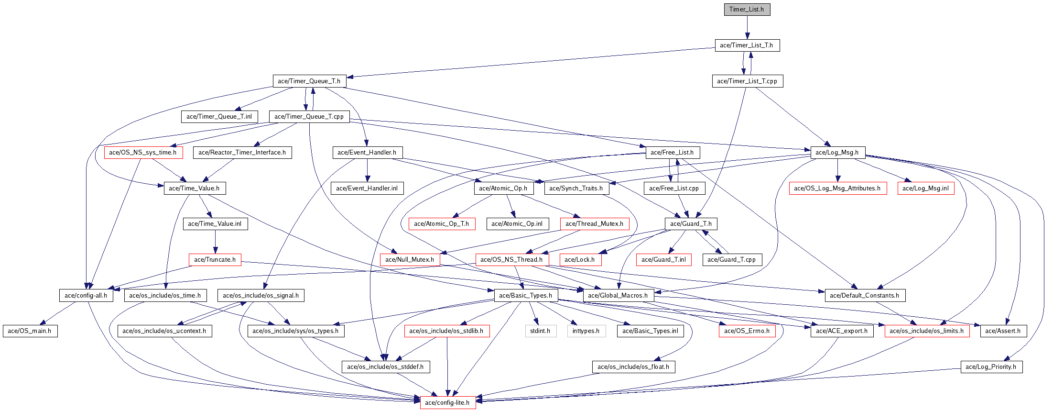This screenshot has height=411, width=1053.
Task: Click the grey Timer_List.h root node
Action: pos(747,10)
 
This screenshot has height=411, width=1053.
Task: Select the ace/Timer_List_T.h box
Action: pos(747,45)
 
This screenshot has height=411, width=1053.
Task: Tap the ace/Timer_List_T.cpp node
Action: pos(747,81)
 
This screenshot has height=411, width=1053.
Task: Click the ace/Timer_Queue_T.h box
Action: pos(309,81)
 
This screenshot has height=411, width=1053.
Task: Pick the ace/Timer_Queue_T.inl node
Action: pos(219,117)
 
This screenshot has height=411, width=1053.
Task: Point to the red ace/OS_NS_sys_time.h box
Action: pos(143,153)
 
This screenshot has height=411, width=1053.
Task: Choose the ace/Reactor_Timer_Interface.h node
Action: pos(242,153)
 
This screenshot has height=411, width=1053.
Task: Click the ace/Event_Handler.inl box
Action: pos(367,189)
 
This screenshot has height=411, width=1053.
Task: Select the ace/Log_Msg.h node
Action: pos(837,153)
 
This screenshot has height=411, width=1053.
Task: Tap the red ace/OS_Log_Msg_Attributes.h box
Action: pos(837,189)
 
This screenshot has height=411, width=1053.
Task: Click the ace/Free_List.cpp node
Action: pos(674,189)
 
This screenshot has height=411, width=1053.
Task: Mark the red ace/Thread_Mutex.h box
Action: pos(595,224)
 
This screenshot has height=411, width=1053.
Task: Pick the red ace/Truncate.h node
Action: pos(215,260)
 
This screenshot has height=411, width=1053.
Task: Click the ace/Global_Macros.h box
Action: pos(618,296)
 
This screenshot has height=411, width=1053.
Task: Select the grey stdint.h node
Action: pos(541,331)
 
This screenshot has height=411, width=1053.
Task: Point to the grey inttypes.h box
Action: pos(586,331)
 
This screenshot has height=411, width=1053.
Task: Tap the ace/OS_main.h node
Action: pos(30,331)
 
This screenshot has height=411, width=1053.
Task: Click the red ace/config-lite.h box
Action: pos(447,403)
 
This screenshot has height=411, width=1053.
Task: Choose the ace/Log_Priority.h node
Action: pos(991,367)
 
